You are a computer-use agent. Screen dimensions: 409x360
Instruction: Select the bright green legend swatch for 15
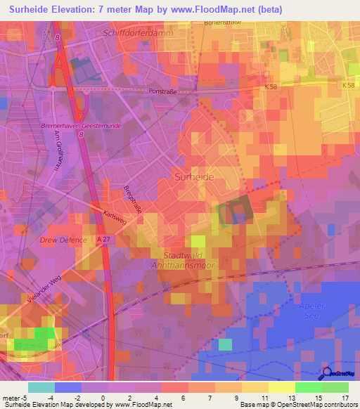pyautogui.click(x=308, y=387)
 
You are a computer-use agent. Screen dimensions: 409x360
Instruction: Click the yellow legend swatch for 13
pyautogui.click(x=281, y=387)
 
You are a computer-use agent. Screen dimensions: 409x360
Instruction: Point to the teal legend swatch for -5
pyautogui.click(x=41, y=387)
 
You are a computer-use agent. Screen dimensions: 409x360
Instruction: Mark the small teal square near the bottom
pyautogui.click(x=225, y=344)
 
